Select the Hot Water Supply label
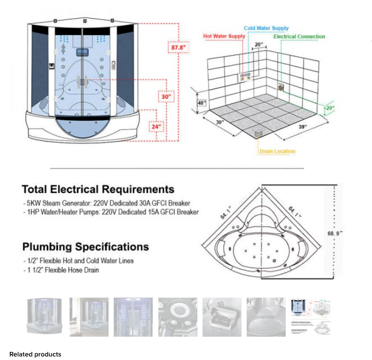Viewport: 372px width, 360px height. [x=224, y=37]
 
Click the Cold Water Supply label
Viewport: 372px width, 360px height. [x=266, y=28]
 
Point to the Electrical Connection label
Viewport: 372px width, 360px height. [x=299, y=37]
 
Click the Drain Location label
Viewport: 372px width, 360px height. [x=277, y=151]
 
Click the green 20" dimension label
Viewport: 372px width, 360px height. [x=330, y=108]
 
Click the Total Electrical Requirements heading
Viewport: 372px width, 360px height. [x=98, y=190]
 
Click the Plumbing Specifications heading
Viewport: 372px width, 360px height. [x=85, y=247]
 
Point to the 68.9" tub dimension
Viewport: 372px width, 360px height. [x=335, y=232]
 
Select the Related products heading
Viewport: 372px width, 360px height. [x=35, y=354]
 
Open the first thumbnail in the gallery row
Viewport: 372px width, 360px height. [x=45, y=317]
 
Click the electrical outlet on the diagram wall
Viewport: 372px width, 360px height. [x=281, y=87]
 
